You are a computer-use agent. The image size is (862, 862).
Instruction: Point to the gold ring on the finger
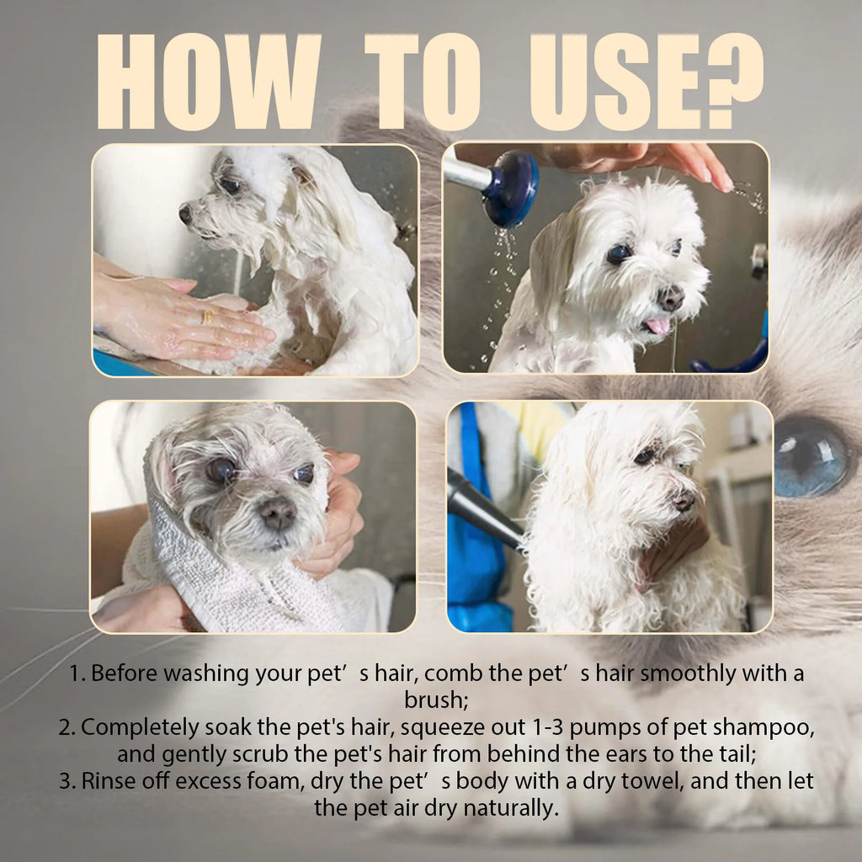[207, 317]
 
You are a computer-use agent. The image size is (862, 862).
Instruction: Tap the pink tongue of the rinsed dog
[657, 326]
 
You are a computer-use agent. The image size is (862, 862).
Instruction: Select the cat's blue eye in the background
[810, 456]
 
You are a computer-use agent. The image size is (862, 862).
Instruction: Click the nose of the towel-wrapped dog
[277, 513]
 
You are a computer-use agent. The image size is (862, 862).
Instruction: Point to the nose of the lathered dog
[185, 214]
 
